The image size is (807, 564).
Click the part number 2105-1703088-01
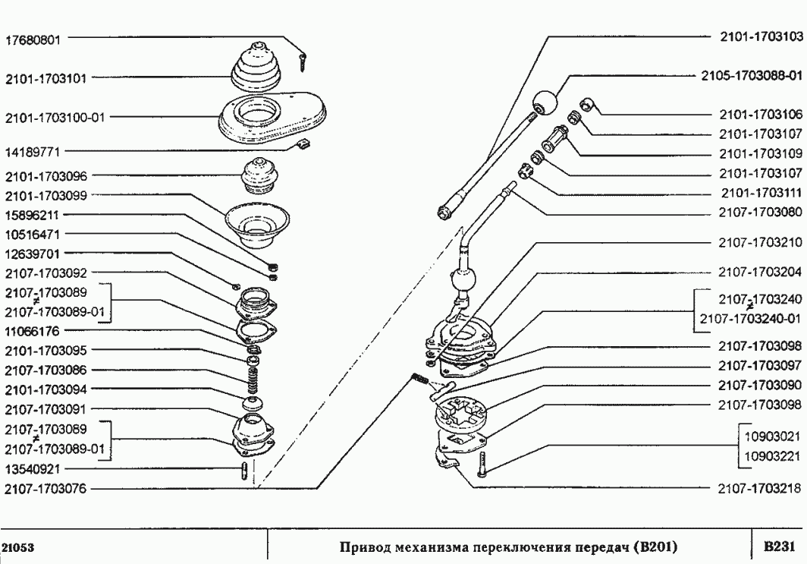pos(748,76)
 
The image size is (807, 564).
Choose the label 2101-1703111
pos(759,193)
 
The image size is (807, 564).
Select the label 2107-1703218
pos(759,490)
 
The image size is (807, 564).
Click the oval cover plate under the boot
pos(273,117)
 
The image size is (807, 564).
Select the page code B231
pos(778,547)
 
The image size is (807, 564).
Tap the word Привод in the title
pos(364,547)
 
